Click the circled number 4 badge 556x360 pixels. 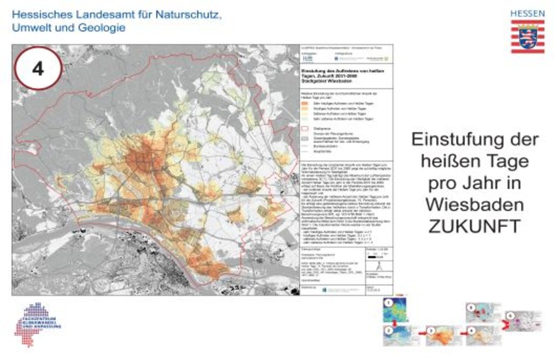[38, 69]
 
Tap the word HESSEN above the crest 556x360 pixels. [527, 12]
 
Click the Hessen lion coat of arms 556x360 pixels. [527, 37]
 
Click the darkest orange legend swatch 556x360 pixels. [306, 103]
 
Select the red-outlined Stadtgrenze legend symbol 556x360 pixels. [306, 128]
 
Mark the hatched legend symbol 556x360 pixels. [306, 138]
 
